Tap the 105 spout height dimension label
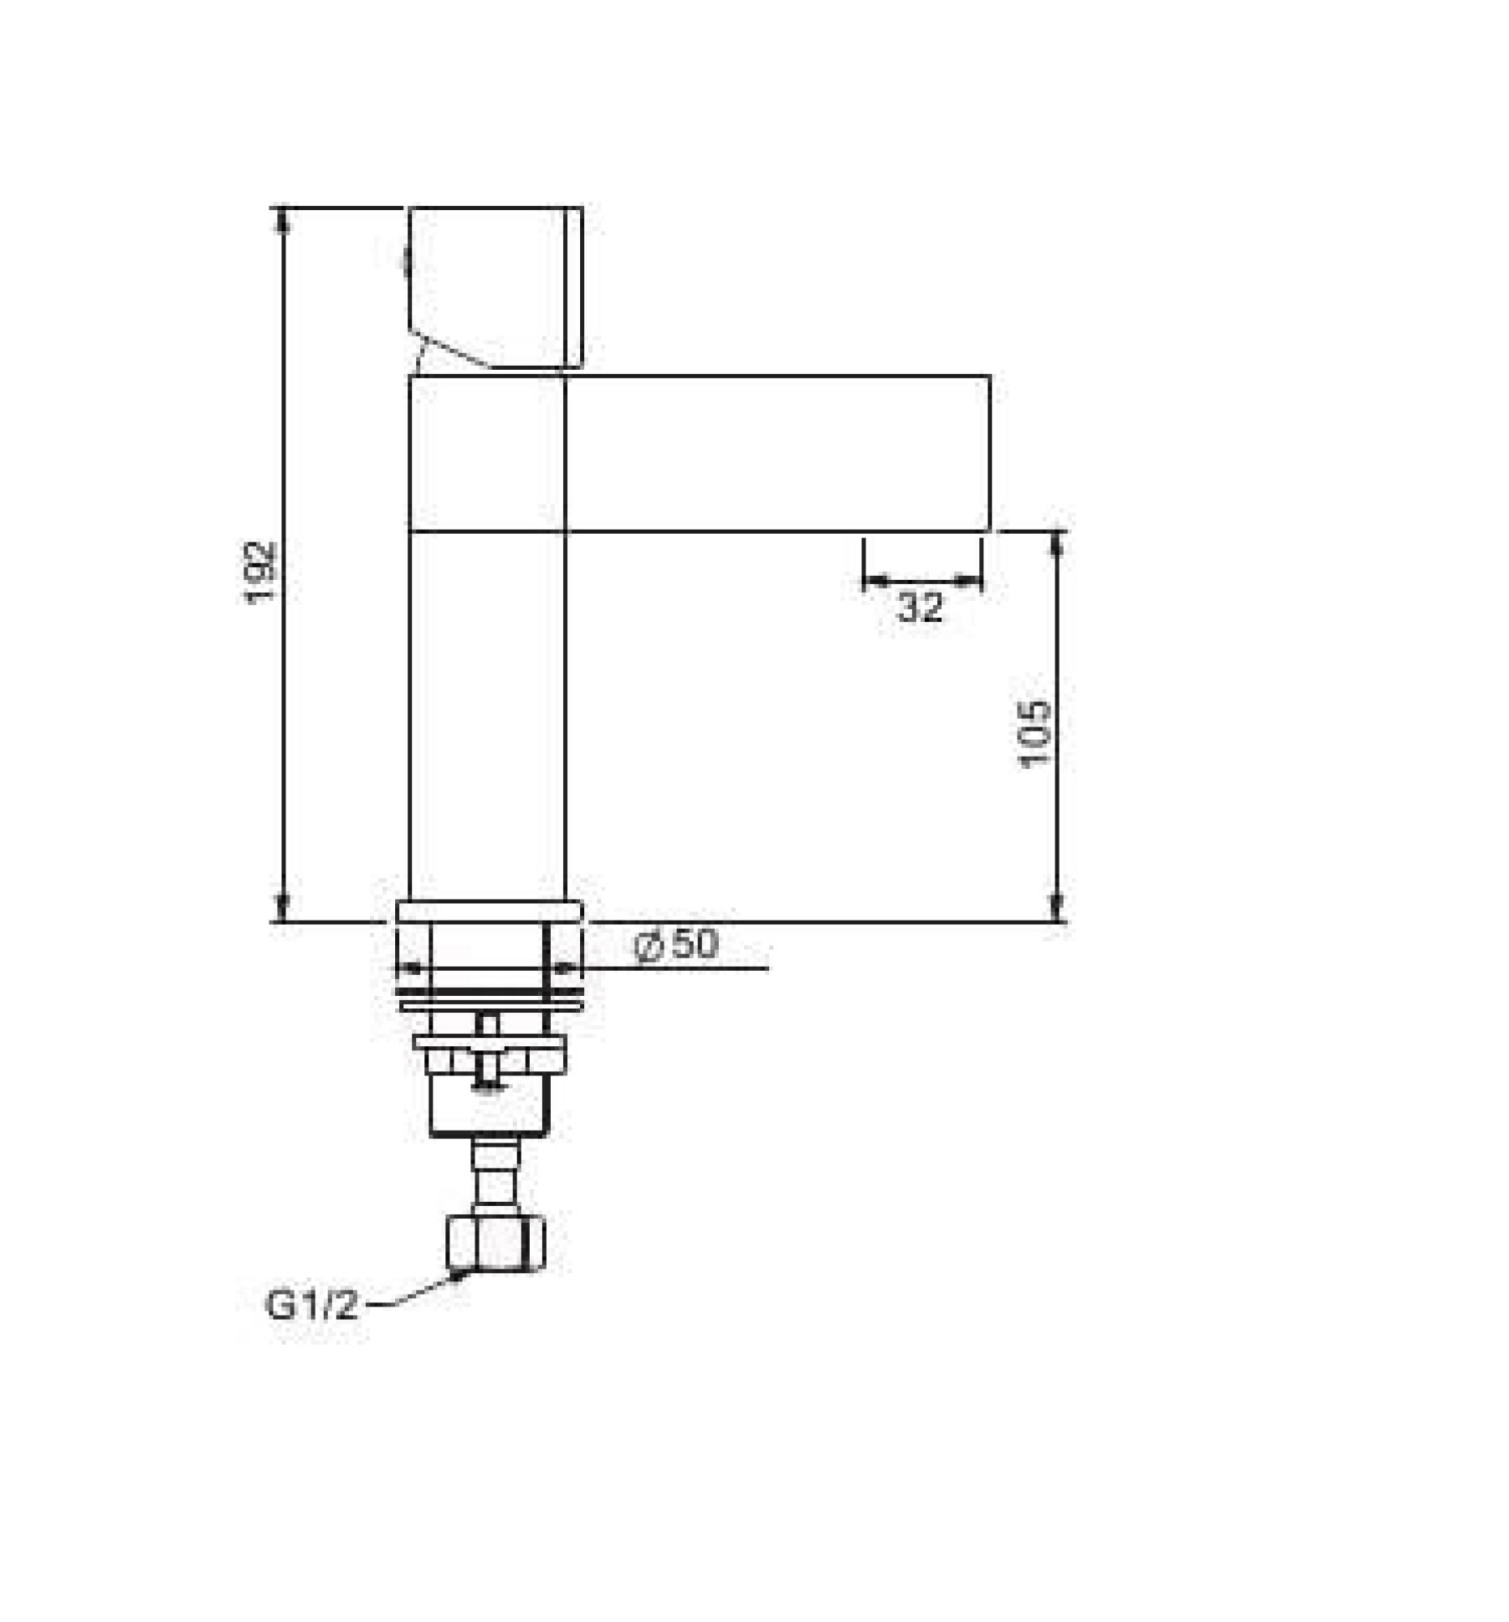[x=1034, y=732]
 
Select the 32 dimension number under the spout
[x=919, y=606]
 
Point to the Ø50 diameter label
[x=676, y=945]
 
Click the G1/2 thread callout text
[x=312, y=1306]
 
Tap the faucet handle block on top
[x=495, y=285]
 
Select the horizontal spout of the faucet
[x=776, y=453]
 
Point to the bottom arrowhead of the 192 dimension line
[x=282, y=908]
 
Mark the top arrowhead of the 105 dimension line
[x=1056, y=543]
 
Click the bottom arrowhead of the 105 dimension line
[x=1056, y=908]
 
